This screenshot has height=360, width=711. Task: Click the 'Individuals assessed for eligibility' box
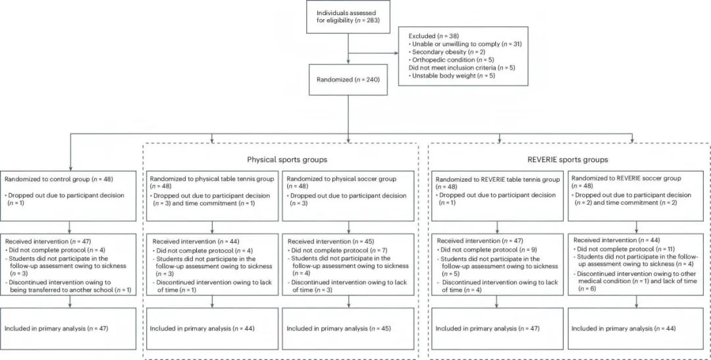pyautogui.click(x=348, y=16)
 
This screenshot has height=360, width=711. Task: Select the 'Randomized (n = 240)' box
pyautogui.click(x=348, y=80)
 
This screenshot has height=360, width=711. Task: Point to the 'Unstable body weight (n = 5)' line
pyautogui.click(x=452, y=76)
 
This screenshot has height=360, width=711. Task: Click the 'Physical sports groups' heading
pyautogui.click(x=287, y=159)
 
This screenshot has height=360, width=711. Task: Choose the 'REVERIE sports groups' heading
pyautogui.click(x=567, y=159)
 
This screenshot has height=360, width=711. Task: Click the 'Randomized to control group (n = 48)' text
pyautogui.click(x=59, y=178)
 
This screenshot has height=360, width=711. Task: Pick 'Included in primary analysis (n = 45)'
pyautogui.click(x=338, y=328)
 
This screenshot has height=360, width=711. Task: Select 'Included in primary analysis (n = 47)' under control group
pyautogui.click(x=56, y=328)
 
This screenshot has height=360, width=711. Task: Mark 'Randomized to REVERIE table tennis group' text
pyautogui.click(x=498, y=180)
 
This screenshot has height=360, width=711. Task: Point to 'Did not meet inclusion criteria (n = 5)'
pyautogui.click(x=462, y=68)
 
